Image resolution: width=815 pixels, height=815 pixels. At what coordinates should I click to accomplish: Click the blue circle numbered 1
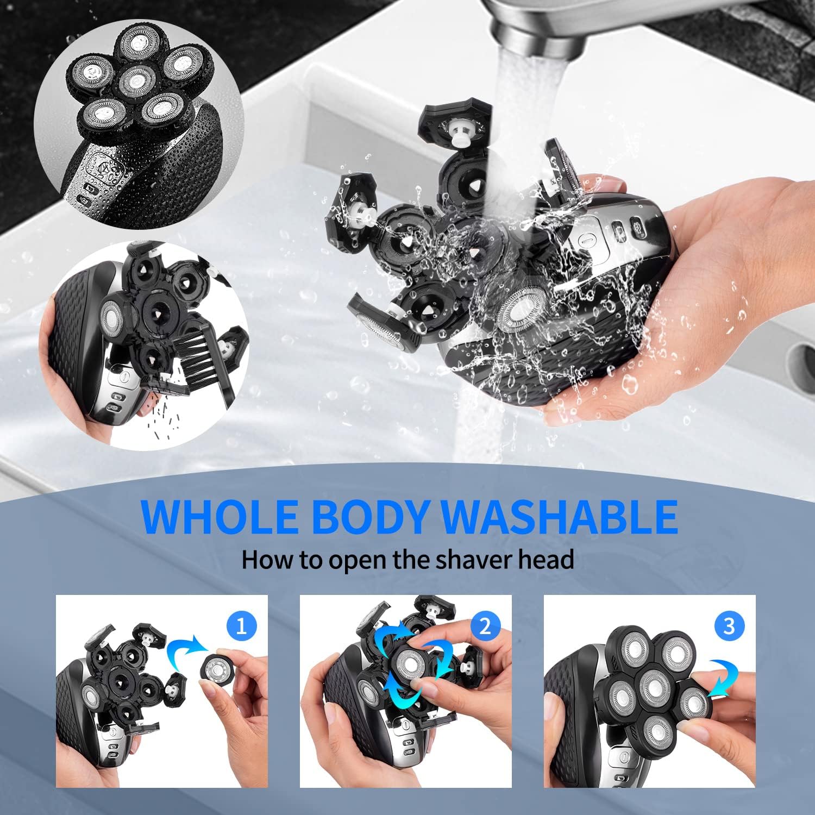[x=242, y=626]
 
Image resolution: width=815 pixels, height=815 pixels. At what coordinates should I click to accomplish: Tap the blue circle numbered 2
[x=485, y=626]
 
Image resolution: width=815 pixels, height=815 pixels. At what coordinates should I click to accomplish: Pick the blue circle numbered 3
[x=729, y=626]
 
